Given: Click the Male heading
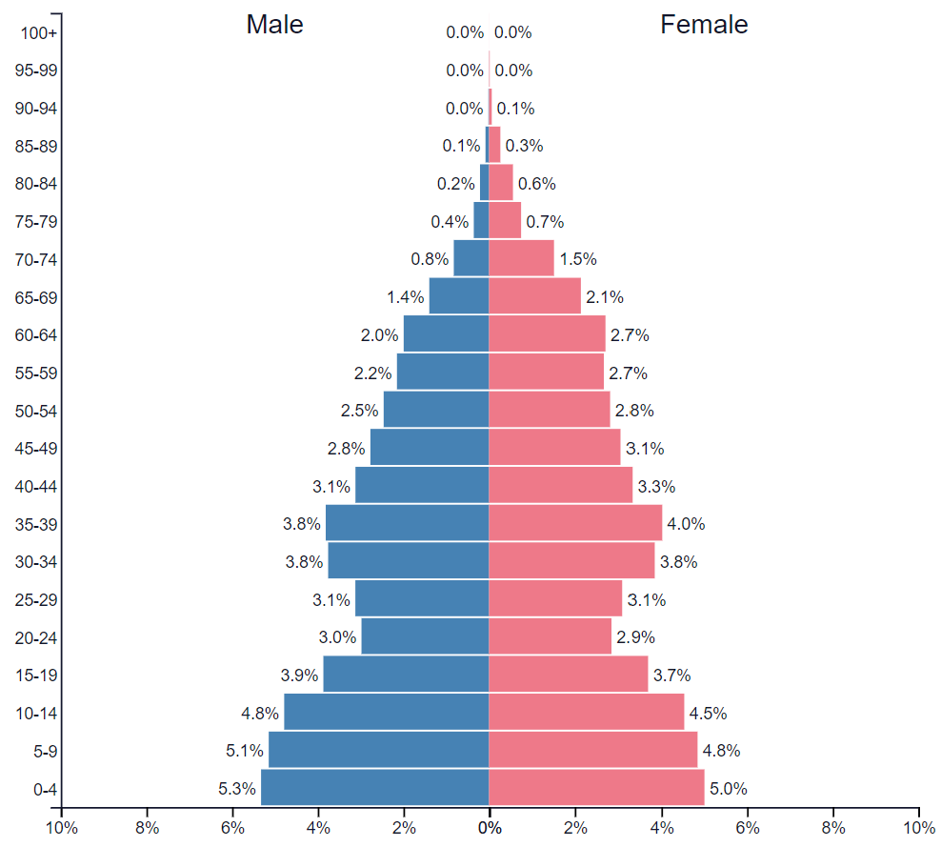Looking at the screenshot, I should coord(274,25).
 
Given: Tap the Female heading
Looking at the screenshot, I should coord(704,25).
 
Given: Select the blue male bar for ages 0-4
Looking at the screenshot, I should coord(374,788).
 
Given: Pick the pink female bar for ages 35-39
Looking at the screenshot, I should coord(575,523).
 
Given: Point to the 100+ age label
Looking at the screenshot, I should coord(40,33).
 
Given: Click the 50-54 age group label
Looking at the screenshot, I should coord(36,411).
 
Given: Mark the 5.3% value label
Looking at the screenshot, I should coord(236,789).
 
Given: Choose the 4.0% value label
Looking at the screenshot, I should coord(686,523).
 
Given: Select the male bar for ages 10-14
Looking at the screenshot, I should coord(386,712).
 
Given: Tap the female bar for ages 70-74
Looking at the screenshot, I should coord(521,258).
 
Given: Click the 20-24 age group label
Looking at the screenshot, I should coord(36,637).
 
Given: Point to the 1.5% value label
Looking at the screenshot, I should coord(578,258).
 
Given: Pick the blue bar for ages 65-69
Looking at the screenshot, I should coord(458,296).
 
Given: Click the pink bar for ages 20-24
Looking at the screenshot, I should coord(550,636).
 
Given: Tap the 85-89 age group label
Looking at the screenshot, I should coord(36,147).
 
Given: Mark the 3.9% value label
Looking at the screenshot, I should coord(299,676).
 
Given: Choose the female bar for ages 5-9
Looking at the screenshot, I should coord(592,750).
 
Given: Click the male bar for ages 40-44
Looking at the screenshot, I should coord(421,486).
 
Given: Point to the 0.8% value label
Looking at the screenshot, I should coord(430,258).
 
